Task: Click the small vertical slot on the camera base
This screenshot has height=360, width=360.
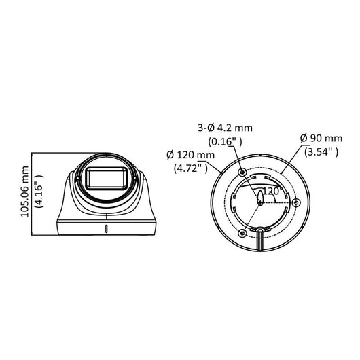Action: coord(106,228)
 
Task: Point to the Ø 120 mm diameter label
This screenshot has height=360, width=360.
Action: coord(191,155)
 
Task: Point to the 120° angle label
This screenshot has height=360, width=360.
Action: coord(274,191)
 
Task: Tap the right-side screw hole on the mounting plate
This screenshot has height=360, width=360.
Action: coord(295,202)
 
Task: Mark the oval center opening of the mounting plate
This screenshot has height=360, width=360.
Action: coord(261,197)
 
